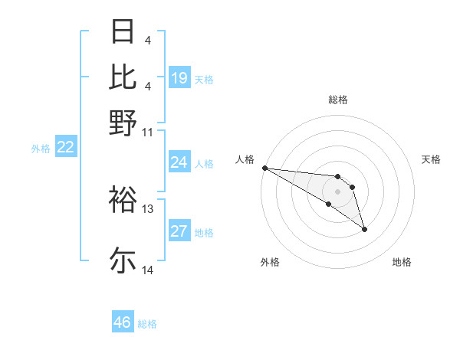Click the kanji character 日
tap(123, 33)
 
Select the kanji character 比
tap(123, 77)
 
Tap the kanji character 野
tap(123, 122)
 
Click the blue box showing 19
tap(179, 77)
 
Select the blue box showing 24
tap(179, 162)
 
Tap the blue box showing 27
tap(179, 231)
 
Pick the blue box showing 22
tap(65, 148)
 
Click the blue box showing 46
tap(123, 322)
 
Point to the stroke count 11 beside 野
tap(148, 132)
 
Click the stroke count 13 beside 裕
tap(148, 208)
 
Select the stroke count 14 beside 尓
tap(148, 270)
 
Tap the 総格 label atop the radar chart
tap(337, 100)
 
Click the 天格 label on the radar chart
tap(431, 159)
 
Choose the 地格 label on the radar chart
tap(402, 262)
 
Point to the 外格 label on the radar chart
tap(270, 262)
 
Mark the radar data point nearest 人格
tap(264, 168)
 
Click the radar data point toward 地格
tap(364, 229)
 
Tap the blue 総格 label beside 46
tap(147, 324)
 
